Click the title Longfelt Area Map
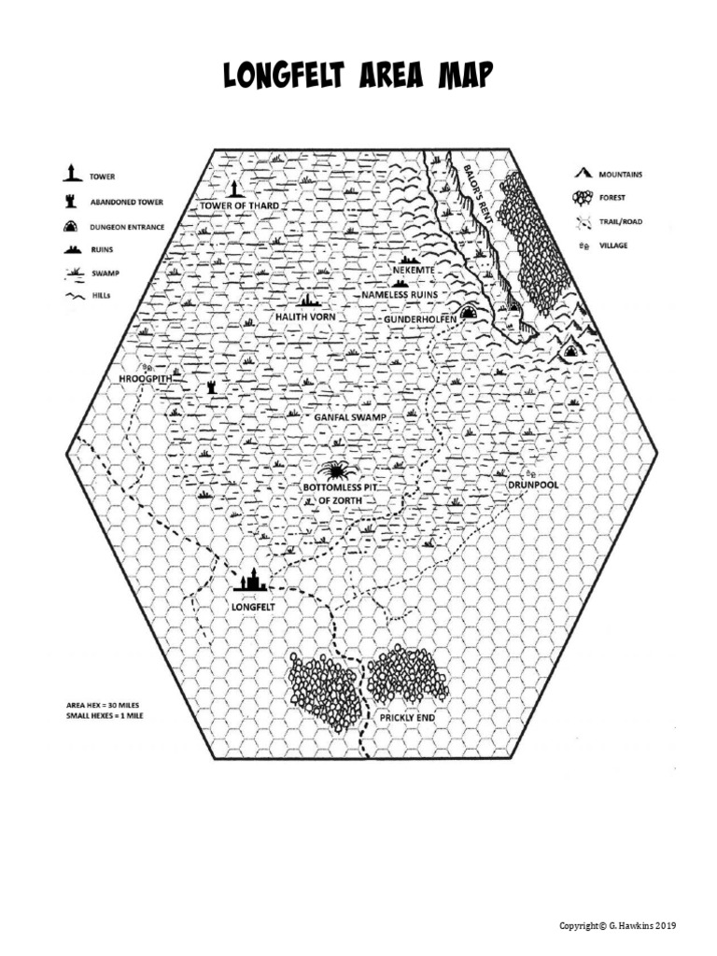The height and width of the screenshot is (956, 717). (x=358, y=77)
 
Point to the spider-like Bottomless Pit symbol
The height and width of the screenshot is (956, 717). (x=334, y=470)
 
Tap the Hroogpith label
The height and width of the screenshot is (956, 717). (x=146, y=379)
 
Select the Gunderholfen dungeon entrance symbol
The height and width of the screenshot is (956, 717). (x=470, y=312)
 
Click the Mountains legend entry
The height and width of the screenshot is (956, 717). (x=620, y=175)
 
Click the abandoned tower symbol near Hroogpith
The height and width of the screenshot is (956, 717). (x=211, y=386)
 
